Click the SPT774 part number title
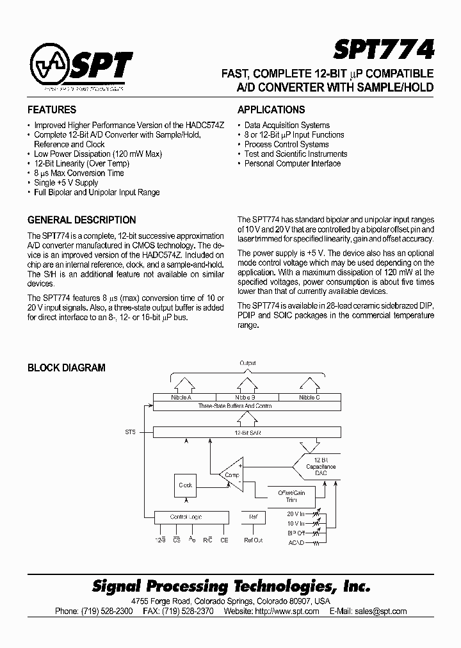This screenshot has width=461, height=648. click(384, 49)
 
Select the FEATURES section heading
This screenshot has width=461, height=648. click(52, 109)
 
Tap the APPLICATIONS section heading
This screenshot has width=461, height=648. click(271, 109)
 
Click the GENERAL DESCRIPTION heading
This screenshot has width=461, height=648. click(81, 220)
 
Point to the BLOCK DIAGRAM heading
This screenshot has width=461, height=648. click(66, 368)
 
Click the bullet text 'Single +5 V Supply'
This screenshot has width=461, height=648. click(66, 182)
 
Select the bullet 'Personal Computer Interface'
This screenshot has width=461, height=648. click(292, 163)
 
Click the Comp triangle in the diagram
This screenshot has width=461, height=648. click(230, 474)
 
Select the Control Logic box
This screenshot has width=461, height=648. click(186, 517)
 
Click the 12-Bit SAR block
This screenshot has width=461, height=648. click(247, 433)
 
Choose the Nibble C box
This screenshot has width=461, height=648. click(309, 398)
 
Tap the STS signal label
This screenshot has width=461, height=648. click(130, 433)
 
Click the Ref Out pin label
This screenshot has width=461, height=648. click(254, 540)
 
